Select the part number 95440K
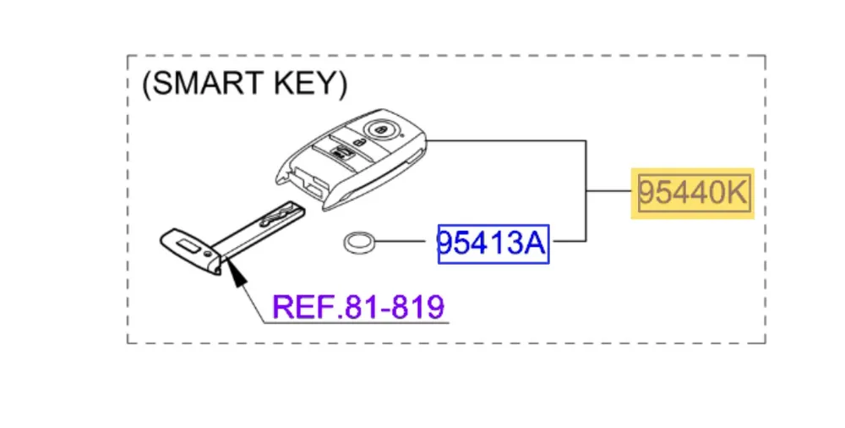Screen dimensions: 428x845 tap(692, 193)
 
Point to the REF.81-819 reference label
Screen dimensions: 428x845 tap(358, 306)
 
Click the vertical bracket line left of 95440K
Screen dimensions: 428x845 tap(586, 191)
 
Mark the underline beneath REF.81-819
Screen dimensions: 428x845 tap(355, 323)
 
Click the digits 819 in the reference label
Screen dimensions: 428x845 tap(417, 306)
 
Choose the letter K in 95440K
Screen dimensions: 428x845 tap(736, 193)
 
